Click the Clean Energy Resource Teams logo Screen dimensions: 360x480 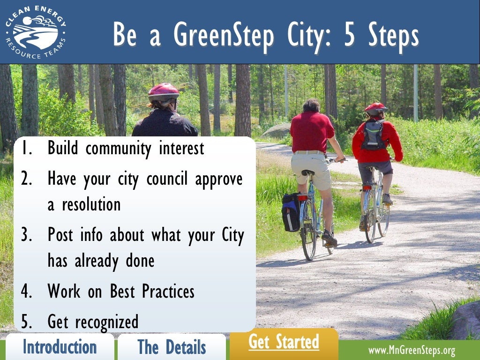(36, 32)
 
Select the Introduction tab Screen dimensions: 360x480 (60, 347)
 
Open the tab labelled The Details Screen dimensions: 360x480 (172, 347)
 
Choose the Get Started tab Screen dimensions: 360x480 (284, 342)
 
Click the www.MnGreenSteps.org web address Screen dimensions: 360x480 (412, 351)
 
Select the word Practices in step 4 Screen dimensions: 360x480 (168, 292)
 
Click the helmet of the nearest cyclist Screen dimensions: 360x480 (163, 91)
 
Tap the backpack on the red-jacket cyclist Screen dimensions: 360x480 (374, 135)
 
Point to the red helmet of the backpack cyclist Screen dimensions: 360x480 (375, 108)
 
